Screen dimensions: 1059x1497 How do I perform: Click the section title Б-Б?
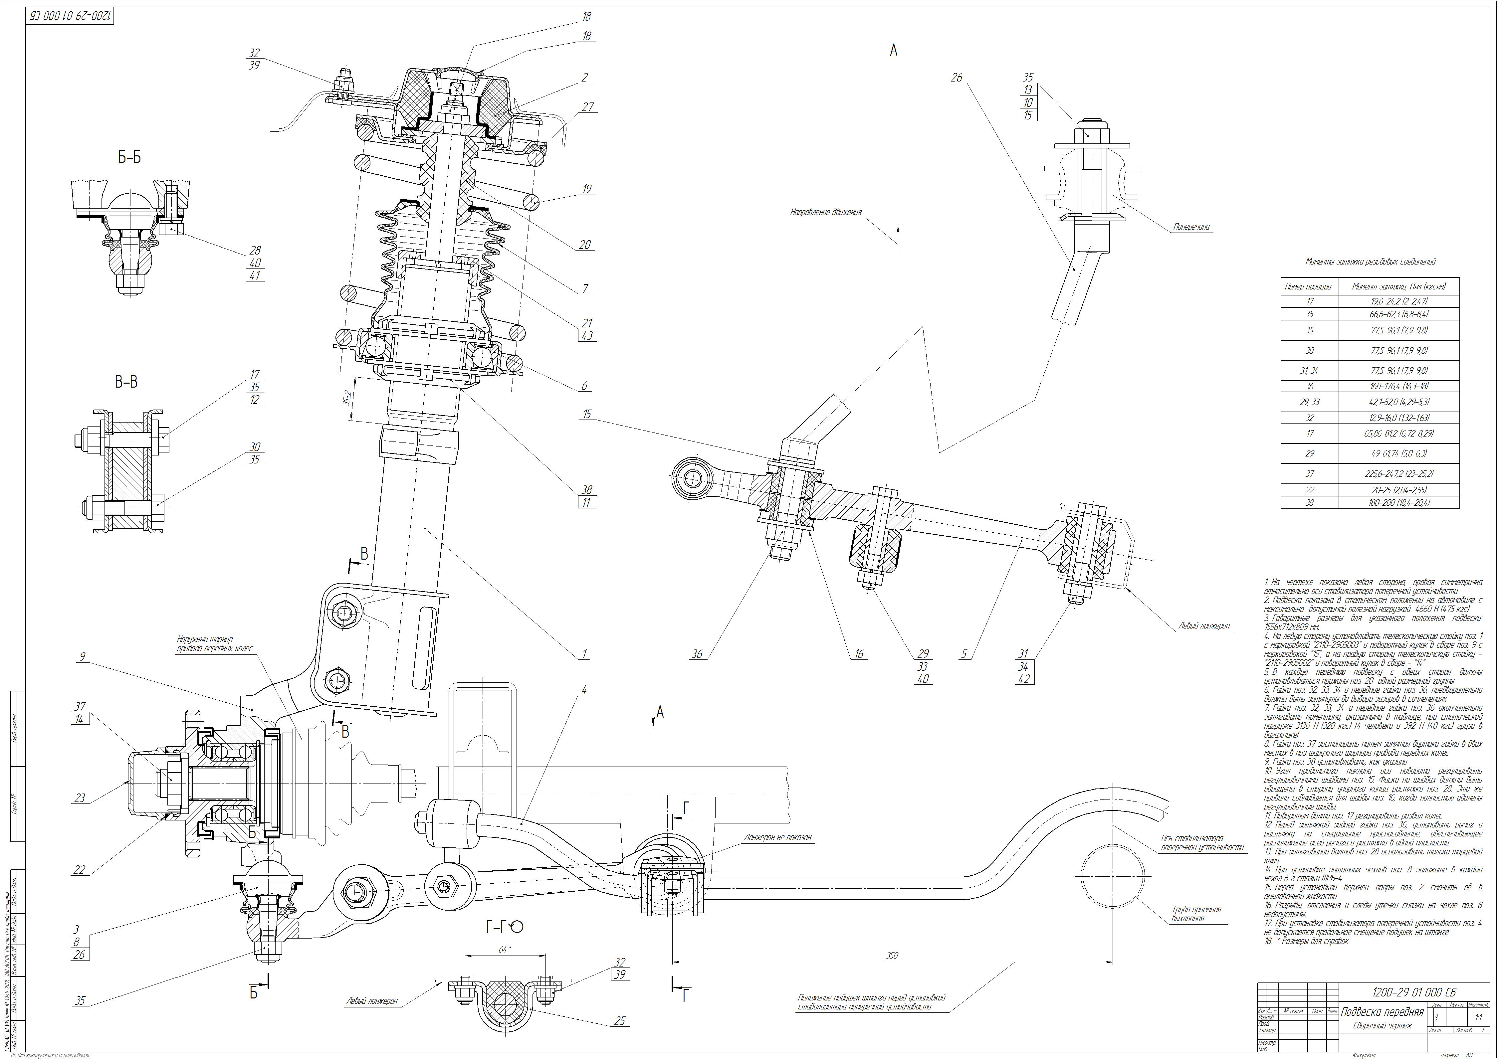pyautogui.click(x=129, y=157)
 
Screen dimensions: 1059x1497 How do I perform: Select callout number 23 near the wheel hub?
pyautogui.click(x=80, y=797)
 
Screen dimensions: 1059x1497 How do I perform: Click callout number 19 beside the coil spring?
pyautogui.click(x=586, y=189)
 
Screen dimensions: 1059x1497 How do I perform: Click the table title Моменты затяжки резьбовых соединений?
pyautogui.click(x=1370, y=262)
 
